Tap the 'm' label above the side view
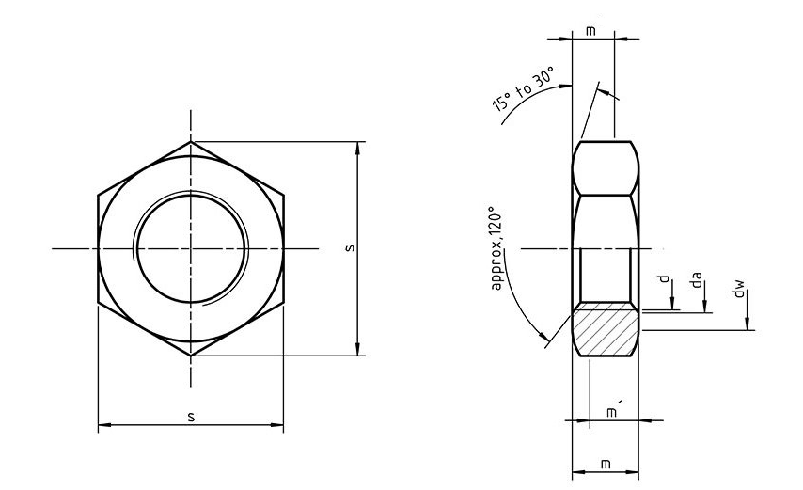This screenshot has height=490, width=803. pos(590,31)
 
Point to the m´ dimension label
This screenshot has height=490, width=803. pos(612,412)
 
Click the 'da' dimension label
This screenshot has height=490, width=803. pos(697,281)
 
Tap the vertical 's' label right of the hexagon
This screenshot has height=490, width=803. pos(349,248)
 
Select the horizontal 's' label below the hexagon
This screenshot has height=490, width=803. pos(191,416)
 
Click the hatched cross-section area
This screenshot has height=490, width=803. pos(606,328)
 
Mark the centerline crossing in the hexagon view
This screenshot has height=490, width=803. pos(192,248)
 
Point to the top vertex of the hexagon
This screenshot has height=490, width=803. pos(192,142)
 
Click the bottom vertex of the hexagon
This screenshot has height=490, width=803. pos(192,356)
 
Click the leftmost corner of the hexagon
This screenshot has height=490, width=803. pos(98,196)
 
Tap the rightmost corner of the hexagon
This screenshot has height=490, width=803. pos(284,196)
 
